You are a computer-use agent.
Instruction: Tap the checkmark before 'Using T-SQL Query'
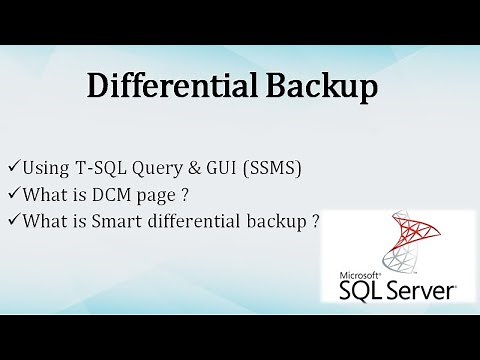[x=11, y=165]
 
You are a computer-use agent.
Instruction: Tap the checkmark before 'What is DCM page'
[x=11, y=191]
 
